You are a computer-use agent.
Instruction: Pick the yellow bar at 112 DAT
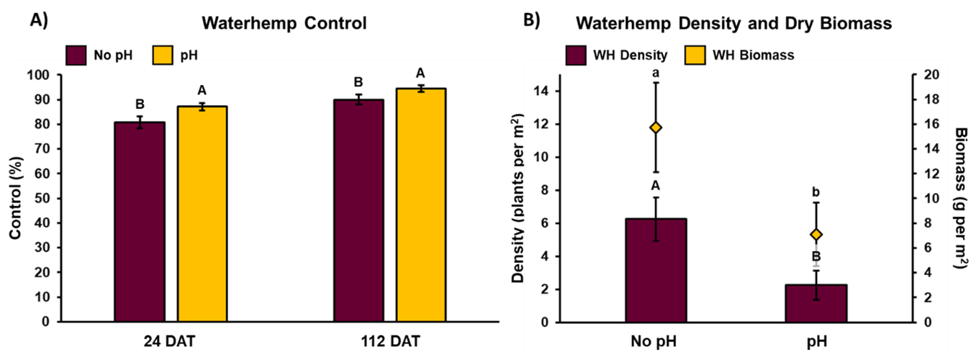[421, 205]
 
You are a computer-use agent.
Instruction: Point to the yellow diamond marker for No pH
[656, 127]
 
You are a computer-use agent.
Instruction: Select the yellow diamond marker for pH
[816, 234]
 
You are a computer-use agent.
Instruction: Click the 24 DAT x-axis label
[171, 341]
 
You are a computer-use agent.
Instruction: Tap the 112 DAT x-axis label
[389, 341]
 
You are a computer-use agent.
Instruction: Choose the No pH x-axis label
[656, 341]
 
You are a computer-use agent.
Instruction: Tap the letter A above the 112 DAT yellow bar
[421, 73]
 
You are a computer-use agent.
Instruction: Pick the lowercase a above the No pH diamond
[656, 73]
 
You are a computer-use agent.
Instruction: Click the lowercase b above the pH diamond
[816, 192]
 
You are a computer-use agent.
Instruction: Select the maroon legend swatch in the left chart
[76, 55]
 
